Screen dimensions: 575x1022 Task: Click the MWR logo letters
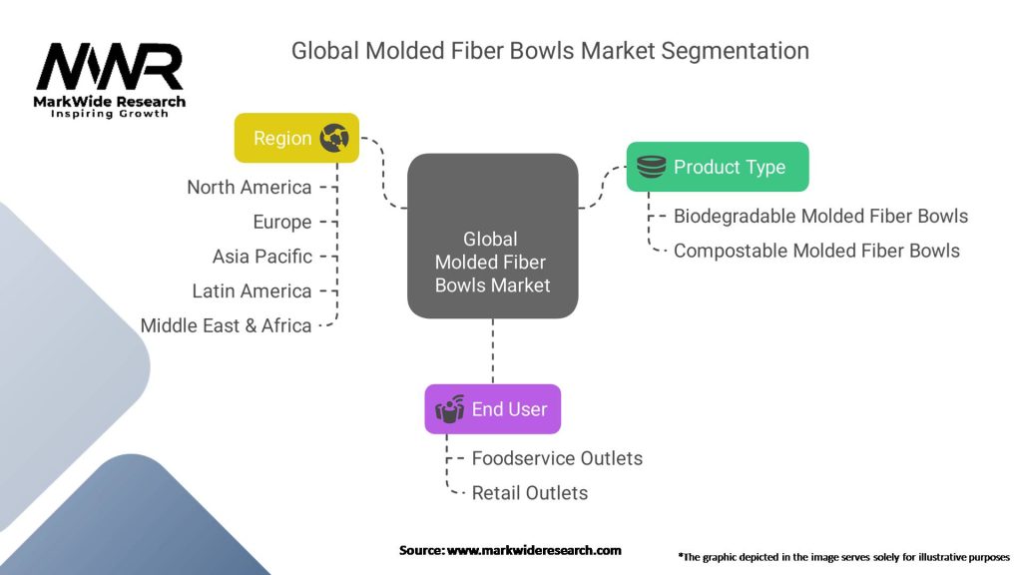point(110,67)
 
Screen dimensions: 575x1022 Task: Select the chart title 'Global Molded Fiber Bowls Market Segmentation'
point(550,50)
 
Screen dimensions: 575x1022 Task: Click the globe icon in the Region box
point(333,138)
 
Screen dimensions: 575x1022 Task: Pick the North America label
point(250,188)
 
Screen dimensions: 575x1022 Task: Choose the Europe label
point(282,222)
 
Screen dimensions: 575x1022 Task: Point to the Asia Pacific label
point(262,257)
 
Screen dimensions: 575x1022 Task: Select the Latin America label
point(253,291)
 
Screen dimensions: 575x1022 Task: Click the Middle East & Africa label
point(227,325)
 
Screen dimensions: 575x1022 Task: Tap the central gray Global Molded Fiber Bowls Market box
point(492,237)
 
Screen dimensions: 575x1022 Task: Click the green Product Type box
point(717,167)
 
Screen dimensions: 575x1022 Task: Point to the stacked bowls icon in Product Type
point(652,167)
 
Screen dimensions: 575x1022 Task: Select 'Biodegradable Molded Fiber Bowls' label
point(820,217)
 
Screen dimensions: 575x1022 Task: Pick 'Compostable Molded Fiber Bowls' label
point(816,252)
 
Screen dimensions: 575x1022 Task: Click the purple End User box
point(492,409)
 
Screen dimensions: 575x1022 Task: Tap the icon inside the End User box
point(450,409)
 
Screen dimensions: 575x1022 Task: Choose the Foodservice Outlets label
point(557,459)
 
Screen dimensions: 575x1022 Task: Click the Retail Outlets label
point(530,493)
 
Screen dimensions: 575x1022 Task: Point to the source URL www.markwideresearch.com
point(534,550)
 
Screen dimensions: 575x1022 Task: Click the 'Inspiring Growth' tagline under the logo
point(110,114)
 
